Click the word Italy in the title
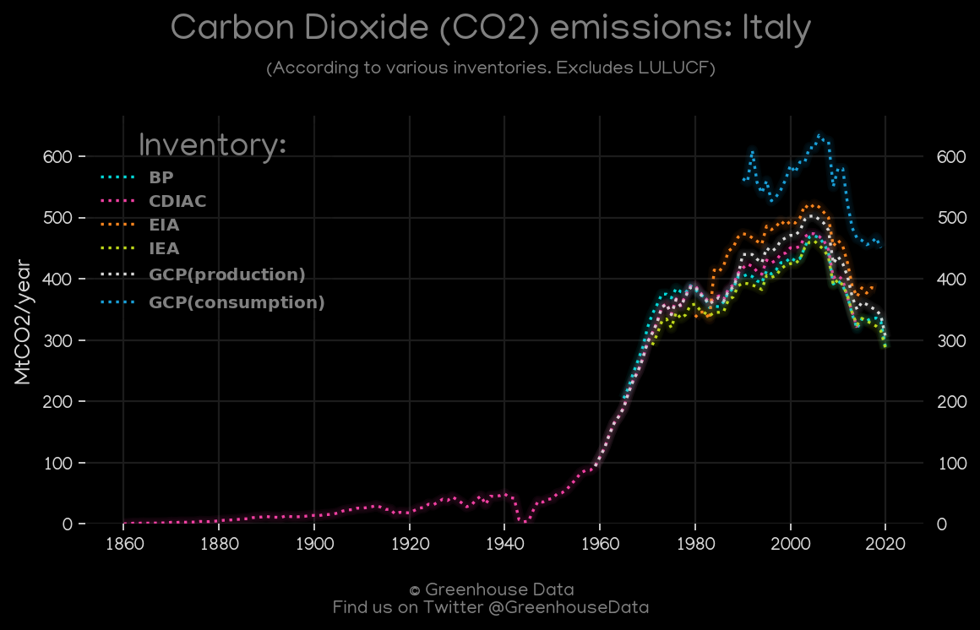(x=776, y=29)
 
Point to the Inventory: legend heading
(x=212, y=145)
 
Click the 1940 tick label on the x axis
(x=505, y=544)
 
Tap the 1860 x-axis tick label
(x=124, y=544)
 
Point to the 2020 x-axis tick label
(x=886, y=544)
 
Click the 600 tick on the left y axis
(x=58, y=156)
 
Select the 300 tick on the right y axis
(x=952, y=340)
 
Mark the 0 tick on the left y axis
(x=68, y=524)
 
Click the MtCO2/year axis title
(x=23, y=322)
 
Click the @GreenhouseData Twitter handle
(x=568, y=607)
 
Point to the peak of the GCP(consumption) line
(x=819, y=135)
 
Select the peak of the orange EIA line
(x=812, y=205)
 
